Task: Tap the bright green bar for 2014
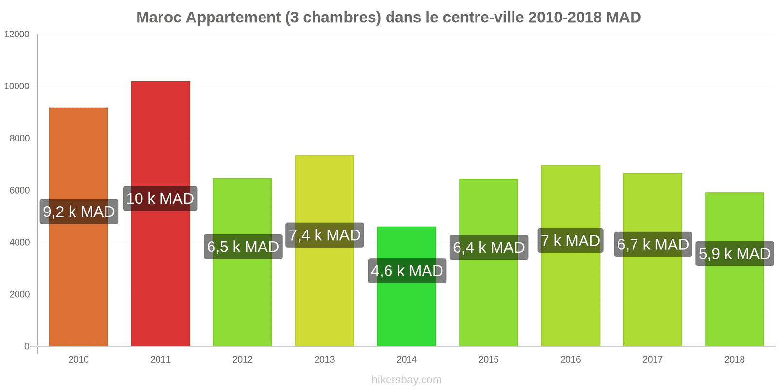407,311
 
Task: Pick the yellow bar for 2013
324,292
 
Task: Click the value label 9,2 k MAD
79,212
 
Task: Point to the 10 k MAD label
160,198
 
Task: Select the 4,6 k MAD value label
407,270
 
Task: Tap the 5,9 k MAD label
734,253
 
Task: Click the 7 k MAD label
570,240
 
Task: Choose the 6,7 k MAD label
653,244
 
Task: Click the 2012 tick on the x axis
242,359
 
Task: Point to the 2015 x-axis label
488,359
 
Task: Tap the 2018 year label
734,359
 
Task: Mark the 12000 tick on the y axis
17,34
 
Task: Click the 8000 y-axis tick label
19,138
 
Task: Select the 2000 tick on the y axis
19,294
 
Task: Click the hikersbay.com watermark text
407,379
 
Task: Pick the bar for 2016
570,301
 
